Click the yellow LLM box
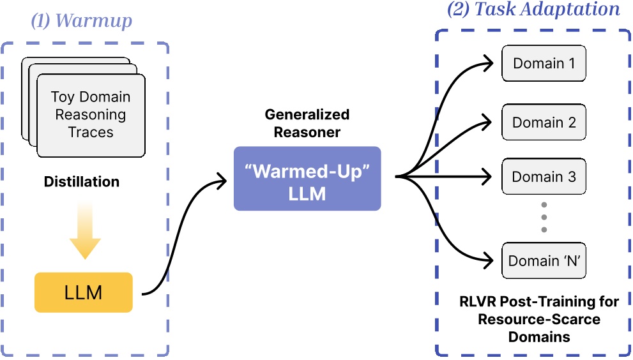84,292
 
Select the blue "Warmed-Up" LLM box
307,178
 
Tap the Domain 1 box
544,63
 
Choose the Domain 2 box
544,122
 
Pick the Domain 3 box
544,176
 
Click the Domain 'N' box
544,260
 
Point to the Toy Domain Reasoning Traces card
91,116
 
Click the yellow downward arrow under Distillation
85,230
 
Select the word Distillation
82,182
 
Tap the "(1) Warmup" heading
82,20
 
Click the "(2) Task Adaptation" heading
533,9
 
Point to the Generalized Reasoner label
307,123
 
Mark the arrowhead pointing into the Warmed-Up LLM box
222,181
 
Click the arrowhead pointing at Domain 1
488,63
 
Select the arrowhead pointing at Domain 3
487,176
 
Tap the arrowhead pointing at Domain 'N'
488,260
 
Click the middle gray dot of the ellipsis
544,217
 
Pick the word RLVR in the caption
478,301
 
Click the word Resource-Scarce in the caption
539,319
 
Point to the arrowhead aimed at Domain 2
487,122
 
